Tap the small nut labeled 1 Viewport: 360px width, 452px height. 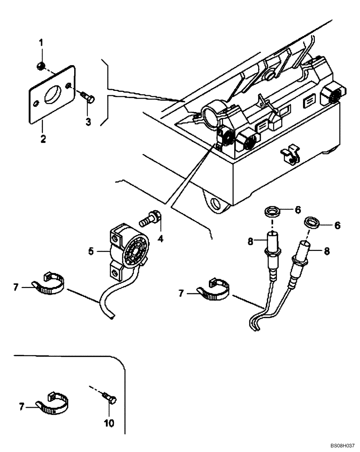(40, 66)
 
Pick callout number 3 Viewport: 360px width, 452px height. (88, 122)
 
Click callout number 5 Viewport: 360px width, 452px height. (91, 250)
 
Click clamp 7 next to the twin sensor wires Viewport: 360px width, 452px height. (214, 293)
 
